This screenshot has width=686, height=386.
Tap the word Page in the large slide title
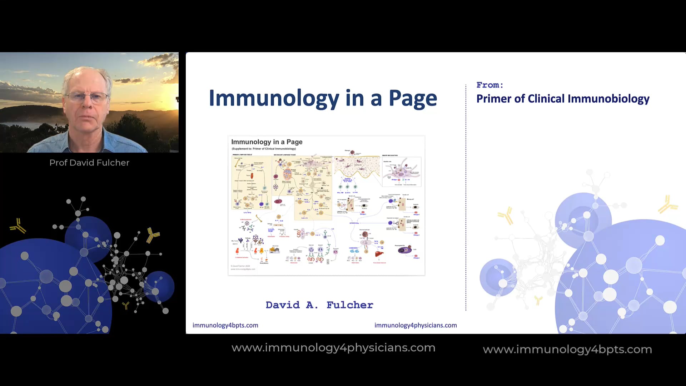coord(413,98)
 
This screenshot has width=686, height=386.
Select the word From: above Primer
coord(489,85)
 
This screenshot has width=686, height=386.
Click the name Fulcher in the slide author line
coord(350,305)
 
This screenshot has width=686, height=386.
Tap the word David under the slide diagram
coord(283,305)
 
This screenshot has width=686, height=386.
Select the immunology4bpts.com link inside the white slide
coord(225,325)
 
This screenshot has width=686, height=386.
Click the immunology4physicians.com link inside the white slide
coord(416,325)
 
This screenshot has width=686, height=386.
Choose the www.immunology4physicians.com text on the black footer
coord(333,348)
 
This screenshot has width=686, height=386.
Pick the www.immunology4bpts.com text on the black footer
coord(567,349)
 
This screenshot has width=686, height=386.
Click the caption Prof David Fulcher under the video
coord(89,163)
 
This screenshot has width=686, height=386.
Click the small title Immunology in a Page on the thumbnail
coord(267,142)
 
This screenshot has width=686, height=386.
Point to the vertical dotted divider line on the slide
coord(466,197)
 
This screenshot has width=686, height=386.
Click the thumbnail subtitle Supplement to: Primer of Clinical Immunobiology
coord(264,149)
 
